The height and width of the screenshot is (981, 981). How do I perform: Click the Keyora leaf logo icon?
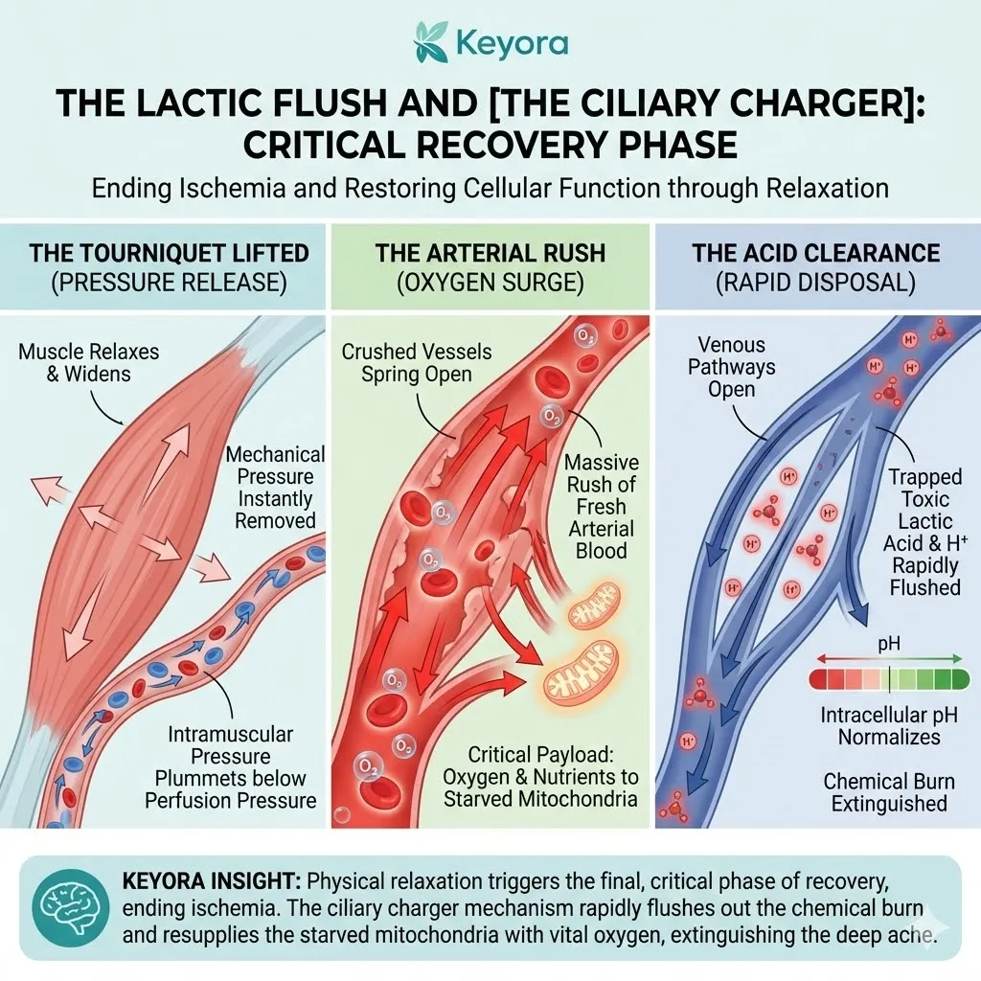click(x=430, y=42)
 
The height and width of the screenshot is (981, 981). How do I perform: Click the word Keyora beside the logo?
click(x=512, y=44)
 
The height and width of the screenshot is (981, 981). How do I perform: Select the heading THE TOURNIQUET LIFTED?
click(x=170, y=254)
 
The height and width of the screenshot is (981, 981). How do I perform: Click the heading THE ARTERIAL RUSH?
click(x=490, y=254)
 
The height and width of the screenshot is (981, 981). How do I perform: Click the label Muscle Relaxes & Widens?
click(x=89, y=363)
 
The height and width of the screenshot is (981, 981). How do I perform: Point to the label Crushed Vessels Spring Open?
click(x=416, y=363)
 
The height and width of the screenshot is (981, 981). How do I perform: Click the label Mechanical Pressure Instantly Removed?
click(x=275, y=488)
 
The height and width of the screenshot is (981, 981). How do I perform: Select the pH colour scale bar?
click(x=889, y=679)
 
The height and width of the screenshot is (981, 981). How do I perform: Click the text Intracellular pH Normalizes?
click(x=888, y=726)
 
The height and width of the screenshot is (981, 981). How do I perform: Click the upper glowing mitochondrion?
click(x=596, y=610)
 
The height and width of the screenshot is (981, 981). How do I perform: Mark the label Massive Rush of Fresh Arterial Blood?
click(x=602, y=506)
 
